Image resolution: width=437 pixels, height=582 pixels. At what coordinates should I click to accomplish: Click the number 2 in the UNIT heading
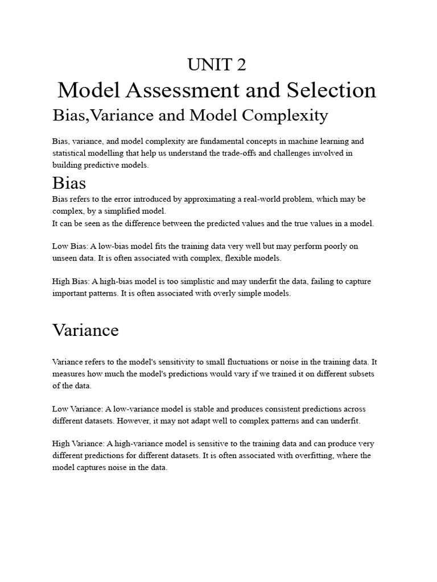tap(241, 65)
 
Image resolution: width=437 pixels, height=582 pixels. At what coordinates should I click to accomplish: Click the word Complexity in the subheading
tap(286, 115)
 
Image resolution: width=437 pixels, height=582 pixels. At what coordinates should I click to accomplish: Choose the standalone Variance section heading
tap(85, 330)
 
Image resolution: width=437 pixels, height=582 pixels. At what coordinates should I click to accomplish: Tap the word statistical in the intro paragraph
tap(68, 153)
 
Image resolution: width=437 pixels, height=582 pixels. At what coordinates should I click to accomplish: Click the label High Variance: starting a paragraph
tap(79, 443)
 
